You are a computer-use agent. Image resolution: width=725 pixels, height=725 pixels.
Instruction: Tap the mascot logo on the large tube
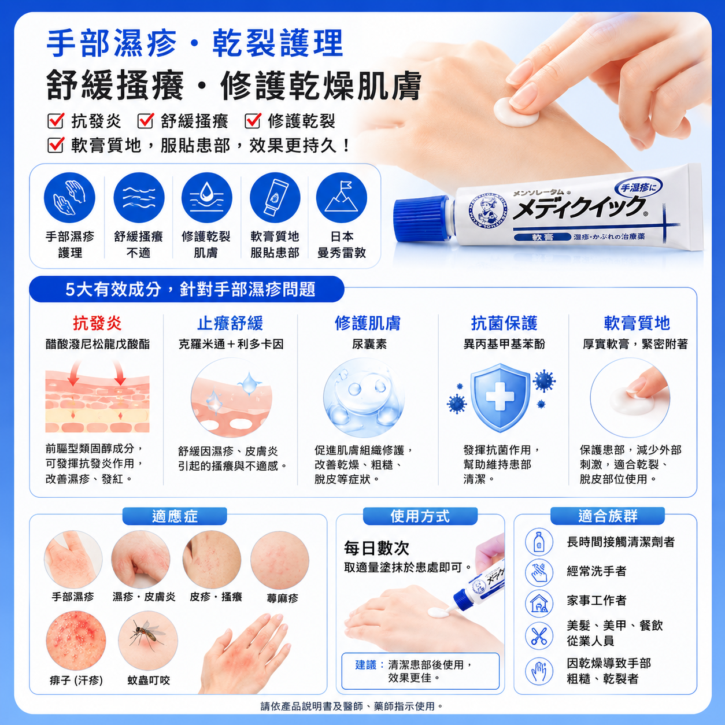pyautogui.click(x=488, y=215)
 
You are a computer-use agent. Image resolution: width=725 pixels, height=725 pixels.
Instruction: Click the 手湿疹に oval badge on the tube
pyautogui.click(x=638, y=187)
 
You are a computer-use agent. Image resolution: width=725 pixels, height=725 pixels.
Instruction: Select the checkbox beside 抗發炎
pyautogui.click(x=56, y=121)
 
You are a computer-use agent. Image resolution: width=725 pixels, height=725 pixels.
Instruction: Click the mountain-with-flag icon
pyautogui.click(x=342, y=198)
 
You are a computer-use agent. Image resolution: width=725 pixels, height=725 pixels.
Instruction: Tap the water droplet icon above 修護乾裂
pyautogui.click(x=206, y=198)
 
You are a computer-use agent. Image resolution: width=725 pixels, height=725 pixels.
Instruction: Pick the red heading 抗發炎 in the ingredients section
pyautogui.click(x=97, y=323)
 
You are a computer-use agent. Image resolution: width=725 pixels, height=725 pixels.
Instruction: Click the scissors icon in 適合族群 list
pyautogui.click(x=539, y=636)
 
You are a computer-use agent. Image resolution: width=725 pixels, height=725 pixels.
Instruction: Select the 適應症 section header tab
pyautogui.click(x=175, y=516)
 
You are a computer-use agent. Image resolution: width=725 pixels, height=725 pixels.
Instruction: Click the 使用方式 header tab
pyautogui.click(x=420, y=516)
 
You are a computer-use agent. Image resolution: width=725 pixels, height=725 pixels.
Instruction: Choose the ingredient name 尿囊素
pyautogui.click(x=369, y=344)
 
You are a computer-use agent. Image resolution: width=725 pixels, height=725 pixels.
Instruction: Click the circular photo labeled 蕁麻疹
pyautogui.click(x=280, y=560)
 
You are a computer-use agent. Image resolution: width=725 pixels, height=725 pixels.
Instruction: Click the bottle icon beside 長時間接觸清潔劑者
pyautogui.click(x=539, y=542)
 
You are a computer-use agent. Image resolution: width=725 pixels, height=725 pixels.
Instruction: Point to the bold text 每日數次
pyautogui.click(x=376, y=548)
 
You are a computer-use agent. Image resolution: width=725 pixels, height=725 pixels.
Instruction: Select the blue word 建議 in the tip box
pyautogui.click(x=366, y=665)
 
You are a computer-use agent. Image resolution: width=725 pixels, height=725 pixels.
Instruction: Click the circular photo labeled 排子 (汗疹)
pyautogui.click(x=76, y=641)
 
